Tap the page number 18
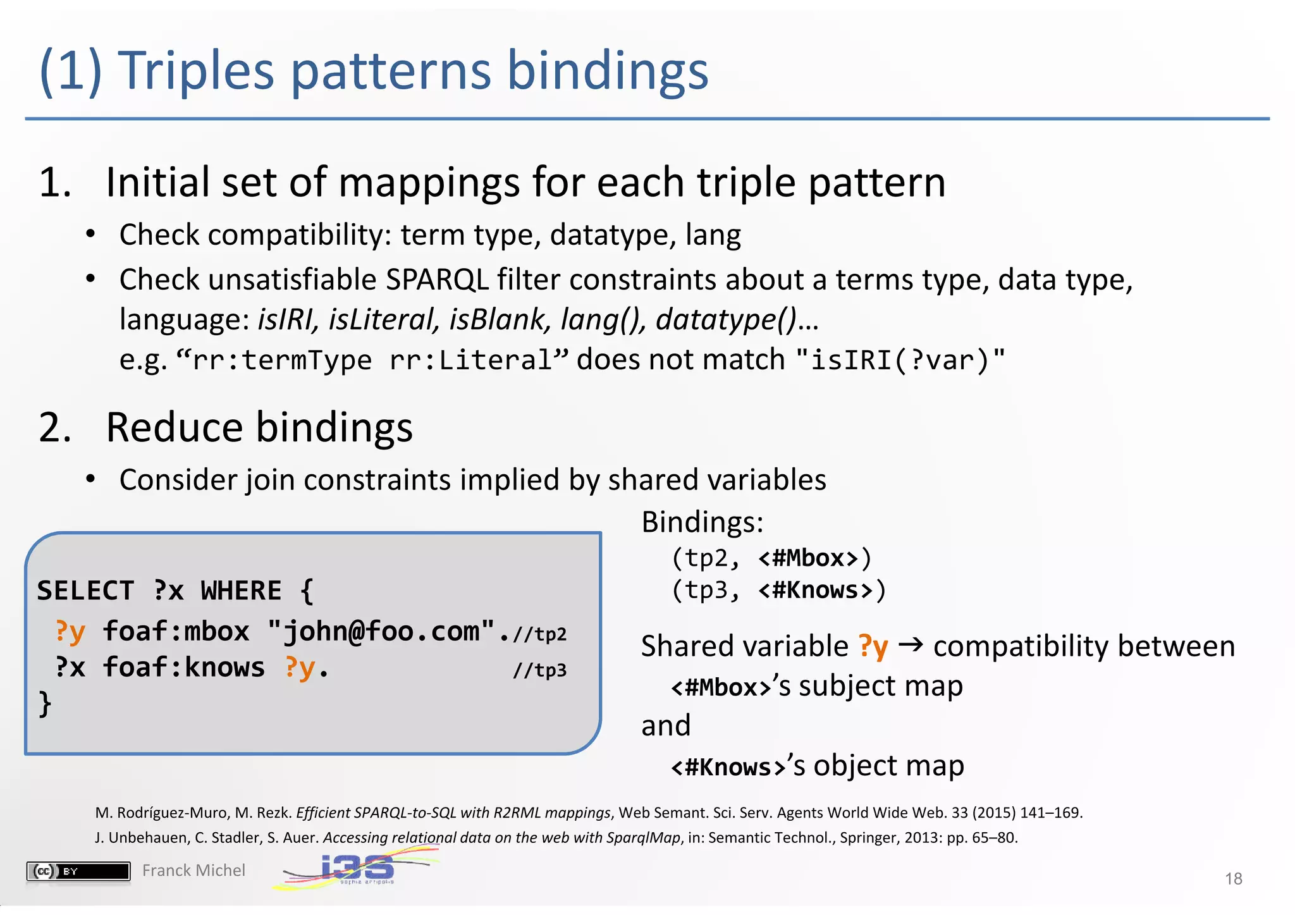pos(1233,878)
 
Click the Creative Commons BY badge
pos(78,871)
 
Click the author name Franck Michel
pos(193,871)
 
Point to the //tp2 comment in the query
pos(539,634)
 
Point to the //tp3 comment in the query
pos(539,670)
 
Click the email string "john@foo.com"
pos(381,631)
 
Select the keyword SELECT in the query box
pos(85,591)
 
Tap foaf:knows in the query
pos(184,668)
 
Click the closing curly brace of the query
pos(45,703)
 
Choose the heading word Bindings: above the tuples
pos(703,522)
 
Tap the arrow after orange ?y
pos(911,645)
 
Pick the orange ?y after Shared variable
pos(873,646)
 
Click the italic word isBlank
pos(497,319)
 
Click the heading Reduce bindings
pos(259,427)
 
